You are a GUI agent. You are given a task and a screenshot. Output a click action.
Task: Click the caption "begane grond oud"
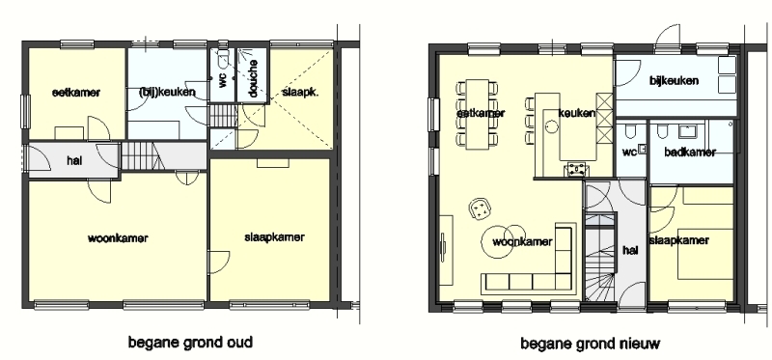pyautogui.click(x=190, y=342)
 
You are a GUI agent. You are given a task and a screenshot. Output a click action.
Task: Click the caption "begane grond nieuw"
pyautogui.click(x=590, y=344)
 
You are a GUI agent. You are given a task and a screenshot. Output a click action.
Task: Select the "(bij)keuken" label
pyautogui.click(x=167, y=92)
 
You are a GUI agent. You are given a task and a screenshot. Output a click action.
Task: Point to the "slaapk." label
pyautogui.click(x=297, y=92)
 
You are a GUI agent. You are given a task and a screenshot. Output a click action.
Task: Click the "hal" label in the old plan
pyautogui.click(x=74, y=160)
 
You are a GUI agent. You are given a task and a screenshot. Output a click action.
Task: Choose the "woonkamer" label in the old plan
pyautogui.click(x=118, y=238)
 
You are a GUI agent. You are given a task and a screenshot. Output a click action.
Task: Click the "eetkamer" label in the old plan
pyautogui.click(x=76, y=92)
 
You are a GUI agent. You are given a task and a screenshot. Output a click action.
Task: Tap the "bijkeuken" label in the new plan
pyautogui.click(x=674, y=80)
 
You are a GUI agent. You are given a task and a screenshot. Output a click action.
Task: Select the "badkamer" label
pyautogui.click(x=690, y=152)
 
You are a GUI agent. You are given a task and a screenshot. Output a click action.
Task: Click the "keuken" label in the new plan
pyautogui.click(x=576, y=113)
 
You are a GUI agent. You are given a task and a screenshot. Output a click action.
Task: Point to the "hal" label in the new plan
pyautogui.click(x=630, y=250)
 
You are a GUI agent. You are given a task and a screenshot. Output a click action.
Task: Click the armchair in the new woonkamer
pyautogui.click(x=480, y=208)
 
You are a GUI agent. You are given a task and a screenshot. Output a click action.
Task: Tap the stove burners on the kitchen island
pyautogui.click(x=575, y=169)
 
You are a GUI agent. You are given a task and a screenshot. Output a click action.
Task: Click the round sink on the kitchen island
pyautogui.click(x=551, y=127)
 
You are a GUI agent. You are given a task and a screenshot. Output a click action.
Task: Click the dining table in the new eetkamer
pyautogui.click(x=478, y=114)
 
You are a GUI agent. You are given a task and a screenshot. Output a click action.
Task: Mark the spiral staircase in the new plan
pyautogui.click(x=599, y=258)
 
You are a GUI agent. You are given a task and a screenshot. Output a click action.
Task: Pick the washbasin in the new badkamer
pyautogui.click(x=687, y=131)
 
